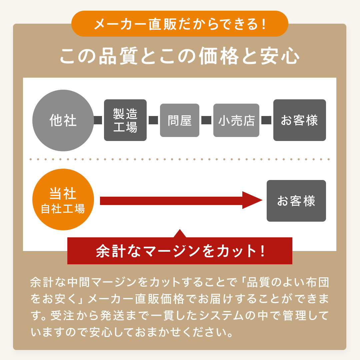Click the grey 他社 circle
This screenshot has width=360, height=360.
pos(63,120)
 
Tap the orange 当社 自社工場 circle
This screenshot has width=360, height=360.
pos(63,199)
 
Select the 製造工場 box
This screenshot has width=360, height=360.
pos(125,120)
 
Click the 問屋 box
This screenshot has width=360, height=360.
pos(180,120)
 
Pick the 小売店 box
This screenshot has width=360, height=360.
pos(236,120)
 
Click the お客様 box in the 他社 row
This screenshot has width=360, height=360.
pos(299,120)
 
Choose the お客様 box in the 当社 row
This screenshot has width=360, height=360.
pos(296,201)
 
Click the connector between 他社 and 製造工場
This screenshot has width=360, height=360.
pos(98,120)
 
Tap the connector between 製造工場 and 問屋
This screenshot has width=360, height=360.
pos(153,120)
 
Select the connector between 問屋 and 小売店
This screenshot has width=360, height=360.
pos(206,120)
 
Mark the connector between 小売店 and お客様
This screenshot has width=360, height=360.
pos(266,120)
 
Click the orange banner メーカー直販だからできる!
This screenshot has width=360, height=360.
pos(180,24)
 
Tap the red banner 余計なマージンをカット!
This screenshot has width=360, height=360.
pos(180,251)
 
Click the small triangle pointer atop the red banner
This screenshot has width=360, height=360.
pos(180,234)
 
